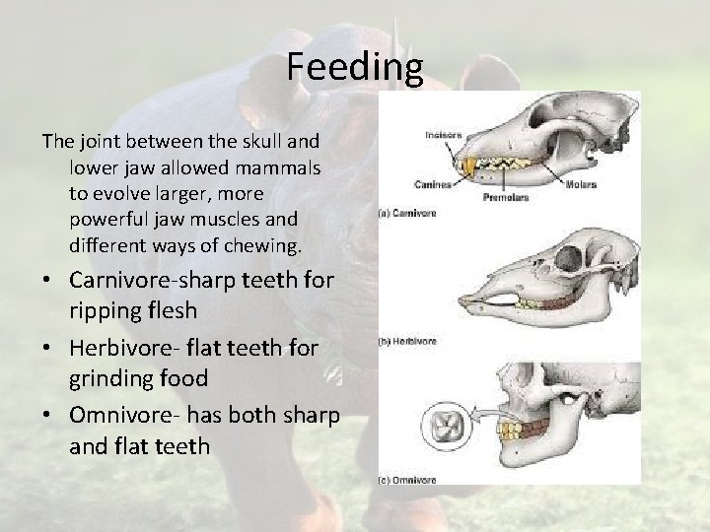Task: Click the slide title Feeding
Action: [355, 67]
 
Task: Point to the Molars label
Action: [585, 184]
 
